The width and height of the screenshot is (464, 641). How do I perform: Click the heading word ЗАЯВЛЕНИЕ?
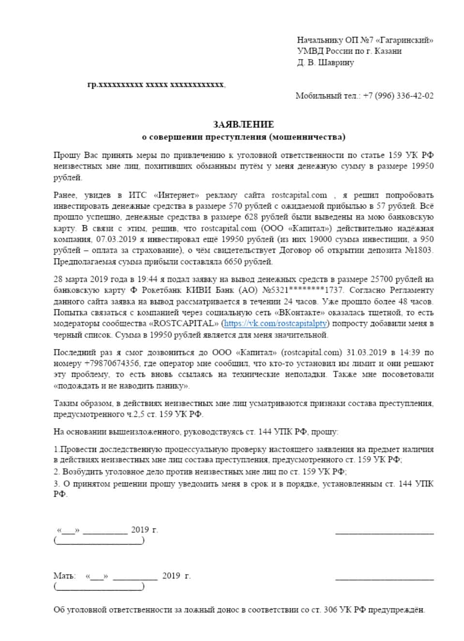point(243,124)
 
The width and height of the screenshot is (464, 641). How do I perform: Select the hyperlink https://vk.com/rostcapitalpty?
point(275,323)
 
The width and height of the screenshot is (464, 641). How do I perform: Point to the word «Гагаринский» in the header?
point(404,40)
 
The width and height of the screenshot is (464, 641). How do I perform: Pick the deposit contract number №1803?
point(419,250)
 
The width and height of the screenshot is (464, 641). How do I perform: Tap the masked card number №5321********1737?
point(303,290)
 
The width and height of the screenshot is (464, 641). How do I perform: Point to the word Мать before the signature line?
point(64,576)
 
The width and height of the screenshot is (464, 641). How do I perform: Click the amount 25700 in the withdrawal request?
point(381,279)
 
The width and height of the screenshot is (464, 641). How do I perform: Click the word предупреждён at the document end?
point(396,610)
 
